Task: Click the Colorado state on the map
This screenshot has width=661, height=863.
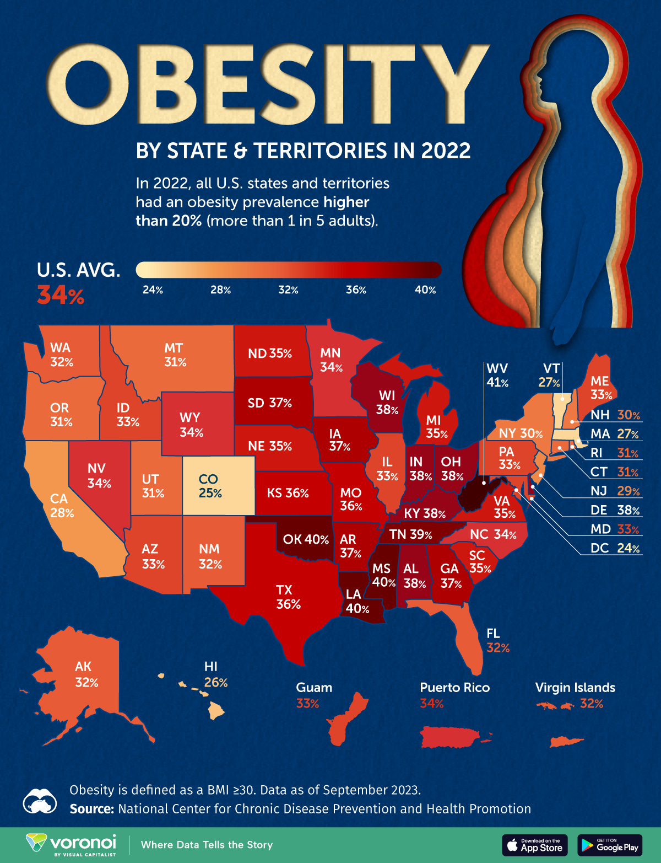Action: tap(219, 485)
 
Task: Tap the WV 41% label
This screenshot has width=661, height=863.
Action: tap(497, 375)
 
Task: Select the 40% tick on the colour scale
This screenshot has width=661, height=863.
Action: tap(425, 290)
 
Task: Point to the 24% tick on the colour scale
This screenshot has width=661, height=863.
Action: tap(153, 290)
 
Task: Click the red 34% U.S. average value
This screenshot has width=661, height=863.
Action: tap(61, 296)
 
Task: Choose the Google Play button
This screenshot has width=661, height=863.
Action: tap(610, 845)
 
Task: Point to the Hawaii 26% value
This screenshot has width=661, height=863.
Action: tap(215, 683)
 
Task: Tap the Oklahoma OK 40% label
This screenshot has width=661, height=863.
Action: tap(305, 539)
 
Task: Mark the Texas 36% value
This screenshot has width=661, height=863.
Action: tap(288, 604)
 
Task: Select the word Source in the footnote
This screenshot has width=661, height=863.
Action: tap(91, 809)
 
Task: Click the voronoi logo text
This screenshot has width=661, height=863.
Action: tap(83, 842)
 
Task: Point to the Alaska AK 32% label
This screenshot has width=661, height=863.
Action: tap(86, 674)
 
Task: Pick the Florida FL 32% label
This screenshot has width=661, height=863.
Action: tap(497, 641)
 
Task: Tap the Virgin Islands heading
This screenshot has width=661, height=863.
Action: tap(575, 688)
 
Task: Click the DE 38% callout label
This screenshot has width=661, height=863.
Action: tap(615, 510)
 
